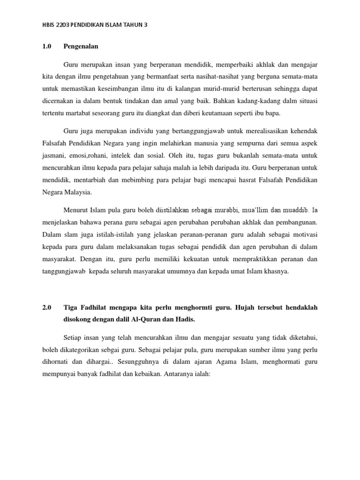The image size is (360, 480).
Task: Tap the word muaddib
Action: [293, 210]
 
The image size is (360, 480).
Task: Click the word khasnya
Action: [277, 271]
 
